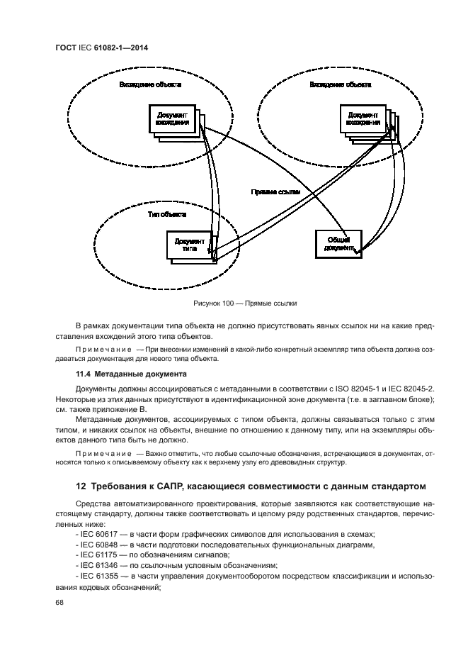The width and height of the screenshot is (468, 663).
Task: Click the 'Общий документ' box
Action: (x=337, y=243)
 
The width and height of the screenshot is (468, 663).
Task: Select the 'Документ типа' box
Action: (x=188, y=245)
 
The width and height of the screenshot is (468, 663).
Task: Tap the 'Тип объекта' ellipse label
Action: (x=166, y=213)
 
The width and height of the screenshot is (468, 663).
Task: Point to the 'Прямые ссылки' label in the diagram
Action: (x=275, y=192)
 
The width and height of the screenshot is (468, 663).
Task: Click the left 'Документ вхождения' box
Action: (x=172, y=118)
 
